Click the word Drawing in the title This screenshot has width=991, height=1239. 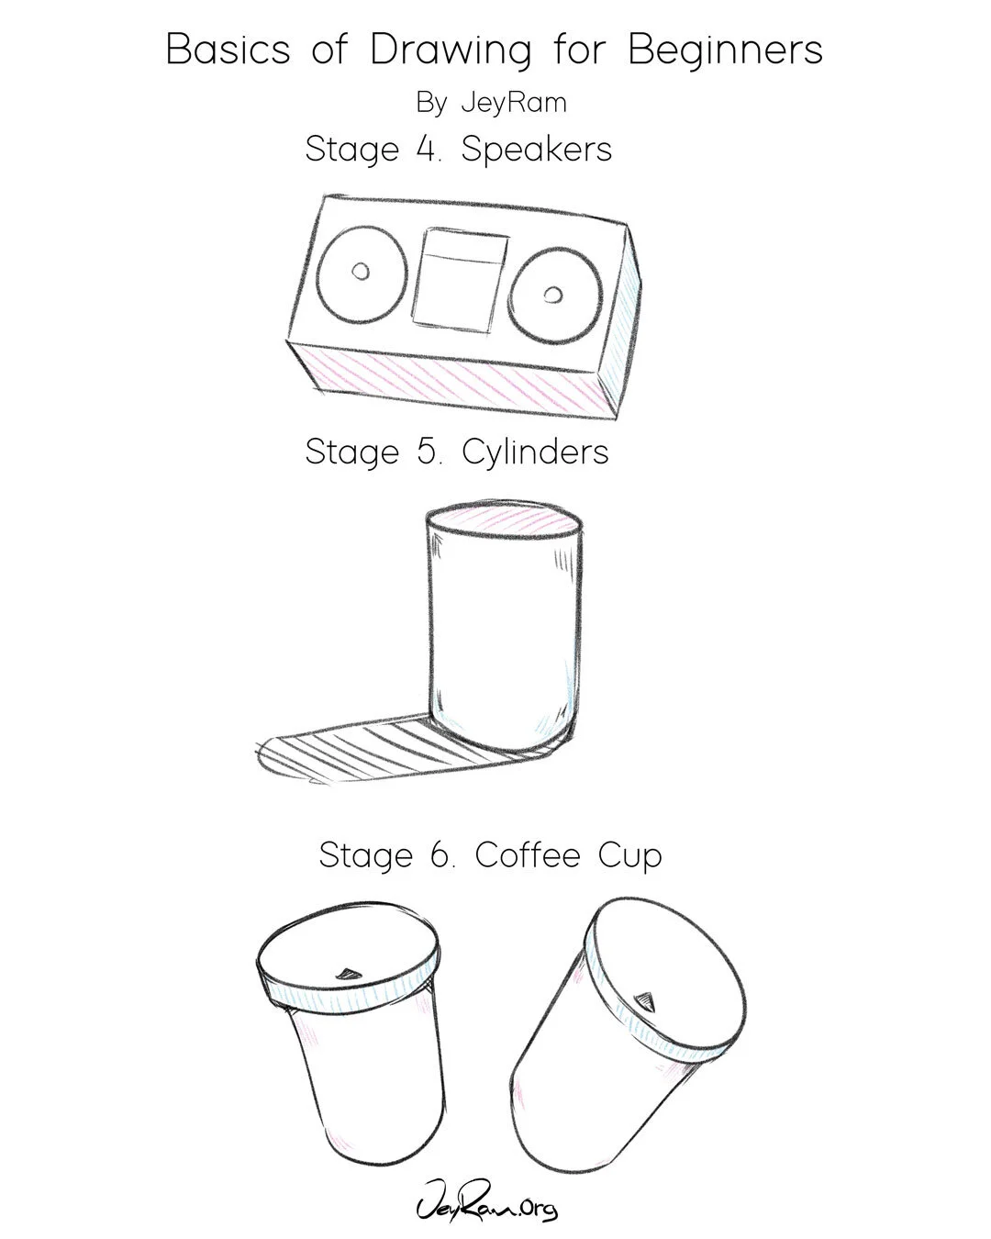coord(450,50)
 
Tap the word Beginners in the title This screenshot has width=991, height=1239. coord(725,50)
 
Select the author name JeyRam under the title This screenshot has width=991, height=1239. coord(514,103)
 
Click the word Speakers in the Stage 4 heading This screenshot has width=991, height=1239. coord(536,150)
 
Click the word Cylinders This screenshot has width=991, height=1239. coord(535,452)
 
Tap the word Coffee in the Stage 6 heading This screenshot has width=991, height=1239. coord(528,855)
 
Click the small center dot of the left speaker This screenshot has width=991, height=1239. coord(361,271)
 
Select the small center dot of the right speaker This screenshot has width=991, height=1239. coord(554,295)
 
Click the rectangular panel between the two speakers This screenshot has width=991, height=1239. coord(460,280)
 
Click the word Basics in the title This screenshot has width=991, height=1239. coord(228,50)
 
